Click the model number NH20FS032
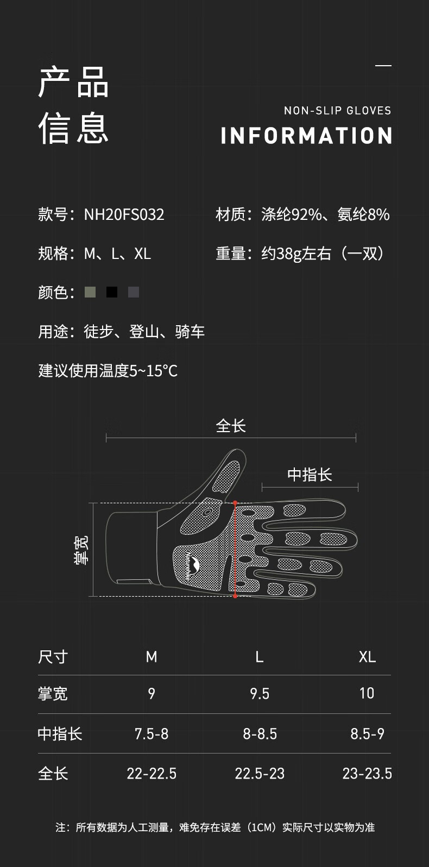(124, 214)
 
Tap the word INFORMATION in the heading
(306, 136)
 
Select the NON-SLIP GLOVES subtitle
(337, 111)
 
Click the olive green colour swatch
(90, 292)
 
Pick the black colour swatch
(112, 292)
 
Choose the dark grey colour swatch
(134, 292)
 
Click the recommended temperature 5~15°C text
(154, 371)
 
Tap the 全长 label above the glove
(231, 426)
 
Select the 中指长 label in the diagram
(310, 474)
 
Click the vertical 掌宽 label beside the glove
(81, 550)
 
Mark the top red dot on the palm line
(235, 503)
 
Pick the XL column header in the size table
(367, 657)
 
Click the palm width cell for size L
(260, 693)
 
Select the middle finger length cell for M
(152, 734)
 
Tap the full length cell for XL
(367, 774)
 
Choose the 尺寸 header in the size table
(53, 657)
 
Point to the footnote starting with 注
(215, 827)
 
